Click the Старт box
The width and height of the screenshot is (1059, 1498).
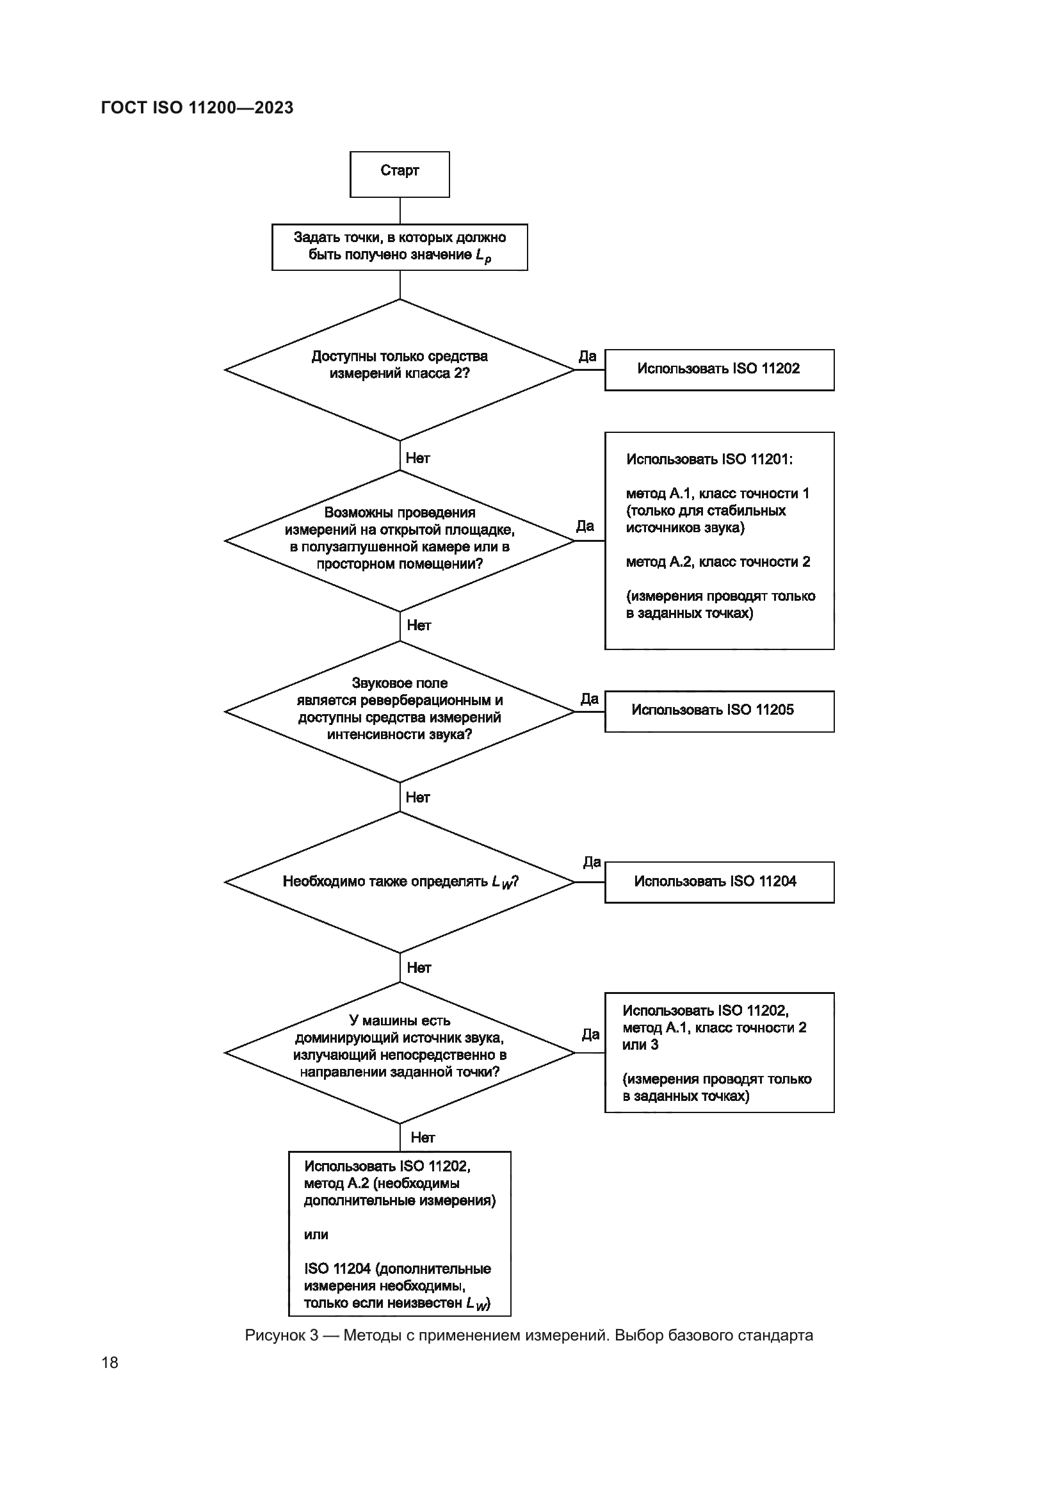[399, 174]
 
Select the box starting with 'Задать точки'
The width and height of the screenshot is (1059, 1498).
[399, 247]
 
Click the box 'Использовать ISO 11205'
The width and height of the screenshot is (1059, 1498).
[718, 711]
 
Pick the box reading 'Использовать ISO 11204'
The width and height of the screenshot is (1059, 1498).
[718, 882]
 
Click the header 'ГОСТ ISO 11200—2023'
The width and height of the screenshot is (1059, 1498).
[197, 108]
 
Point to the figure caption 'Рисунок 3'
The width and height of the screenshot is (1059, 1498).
[529, 1335]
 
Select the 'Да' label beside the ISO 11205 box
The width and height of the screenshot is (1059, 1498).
[589, 699]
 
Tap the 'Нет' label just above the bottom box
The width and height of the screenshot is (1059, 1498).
[422, 1138]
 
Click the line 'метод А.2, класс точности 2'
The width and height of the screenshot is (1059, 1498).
[717, 562]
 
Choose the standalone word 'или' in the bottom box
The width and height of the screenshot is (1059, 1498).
[316, 1234]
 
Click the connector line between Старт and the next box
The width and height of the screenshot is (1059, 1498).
[400, 210]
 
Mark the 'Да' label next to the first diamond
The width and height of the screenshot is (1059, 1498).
[587, 356]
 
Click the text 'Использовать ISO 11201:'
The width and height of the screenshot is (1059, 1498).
[709, 459]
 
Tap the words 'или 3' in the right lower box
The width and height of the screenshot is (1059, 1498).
[640, 1045]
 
